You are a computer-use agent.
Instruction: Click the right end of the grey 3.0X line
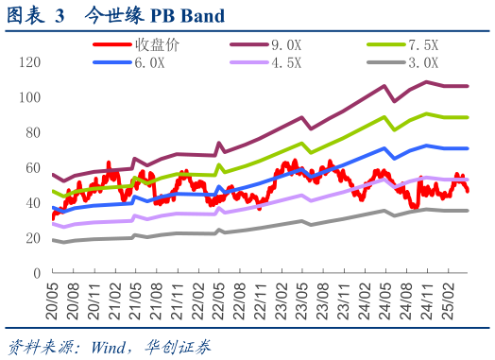(468, 211)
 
